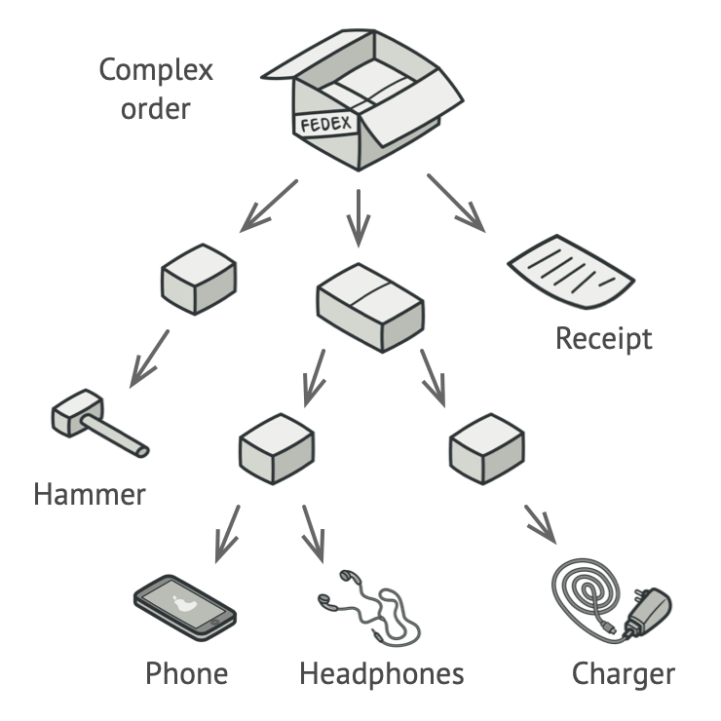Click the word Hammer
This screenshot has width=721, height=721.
pyautogui.click(x=90, y=494)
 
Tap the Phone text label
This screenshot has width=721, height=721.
pyautogui.click(x=187, y=673)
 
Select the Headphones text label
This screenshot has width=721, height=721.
pyautogui.click(x=382, y=673)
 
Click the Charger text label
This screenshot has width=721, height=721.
pyautogui.click(x=624, y=673)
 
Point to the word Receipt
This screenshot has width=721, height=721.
pyautogui.click(x=604, y=339)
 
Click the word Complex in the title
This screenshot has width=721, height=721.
pyautogui.click(x=156, y=70)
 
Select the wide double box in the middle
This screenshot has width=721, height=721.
pyautogui.click(x=370, y=307)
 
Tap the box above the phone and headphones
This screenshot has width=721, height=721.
pyautogui.click(x=276, y=448)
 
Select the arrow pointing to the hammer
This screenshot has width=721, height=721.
pyautogui.click(x=150, y=357)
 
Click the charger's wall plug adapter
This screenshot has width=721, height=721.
pyautogui.click(x=646, y=610)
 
